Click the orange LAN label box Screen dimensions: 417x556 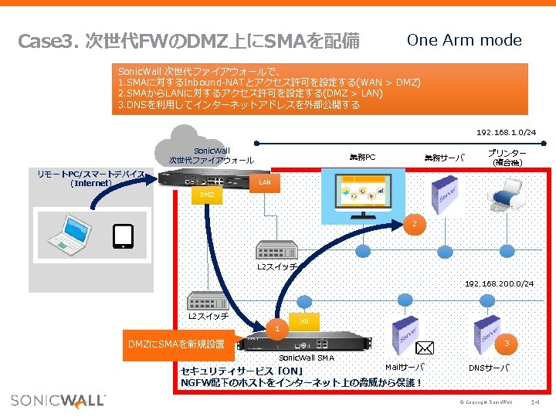[x=264, y=183]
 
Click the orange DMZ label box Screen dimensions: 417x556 [x=206, y=195]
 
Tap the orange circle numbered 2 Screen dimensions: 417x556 [x=414, y=225]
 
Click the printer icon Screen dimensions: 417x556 [x=507, y=192]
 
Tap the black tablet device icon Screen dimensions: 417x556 [x=124, y=236]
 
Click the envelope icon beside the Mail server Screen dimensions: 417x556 [x=425, y=350]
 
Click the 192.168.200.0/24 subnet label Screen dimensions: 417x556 [x=499, y=284]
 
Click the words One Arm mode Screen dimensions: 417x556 [x=464, y=40]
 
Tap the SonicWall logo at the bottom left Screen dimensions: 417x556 [x=58, y=400]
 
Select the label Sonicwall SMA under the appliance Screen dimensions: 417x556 [x=307, y=358]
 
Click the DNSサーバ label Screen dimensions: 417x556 [x=489, y=368]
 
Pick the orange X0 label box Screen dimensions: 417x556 [x=304, y=320]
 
